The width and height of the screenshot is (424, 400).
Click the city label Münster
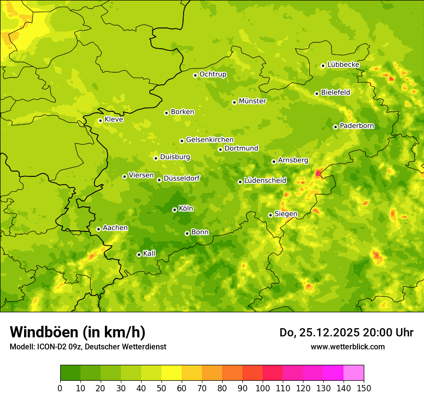pyautogui.click(x=252, y=101)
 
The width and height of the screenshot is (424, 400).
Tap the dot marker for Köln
pyautogui.click(x=174, y=210)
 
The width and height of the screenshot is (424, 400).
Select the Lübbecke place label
pyautogui.click(x=343, y=65)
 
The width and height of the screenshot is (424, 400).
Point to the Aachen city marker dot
pyautogui.click(x=98, y=229)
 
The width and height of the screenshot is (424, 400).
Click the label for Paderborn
pyautogui.click(x=357, y=126)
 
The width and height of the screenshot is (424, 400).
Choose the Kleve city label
pyautogui.click(x=114, y=120)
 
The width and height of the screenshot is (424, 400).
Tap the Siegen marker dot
pyautogui.click(x=270, y=215)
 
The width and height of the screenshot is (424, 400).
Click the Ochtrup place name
pyautogui.click(x=212, y=74)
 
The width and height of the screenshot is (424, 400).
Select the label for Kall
pyautogui.click(x=149, y=253)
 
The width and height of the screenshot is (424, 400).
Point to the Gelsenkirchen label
pyautogui.click(x=210, y=140)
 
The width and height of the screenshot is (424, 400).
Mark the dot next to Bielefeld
pyautogui.click(x=317, y=93)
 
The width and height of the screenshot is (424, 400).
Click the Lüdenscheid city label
pyautogui.click(x=265, y=181)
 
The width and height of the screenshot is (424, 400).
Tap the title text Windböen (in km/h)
pyautogui.click(x=78, y=332)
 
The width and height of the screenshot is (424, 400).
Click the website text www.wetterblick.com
pyautogui.click(x=347, y=347)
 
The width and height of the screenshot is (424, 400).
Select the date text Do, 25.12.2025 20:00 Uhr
pyautogui.click(x=346, y=333)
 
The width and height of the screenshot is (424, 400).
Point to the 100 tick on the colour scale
pyautogui.click(x=263, y=388)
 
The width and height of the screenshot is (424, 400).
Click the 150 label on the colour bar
pyautogui.click(x=363, y=388)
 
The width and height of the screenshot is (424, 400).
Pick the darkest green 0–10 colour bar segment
pyautogui.click(x=70, y=373)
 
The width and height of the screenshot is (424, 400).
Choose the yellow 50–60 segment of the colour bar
pyautogui.click(x=172, y=373)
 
